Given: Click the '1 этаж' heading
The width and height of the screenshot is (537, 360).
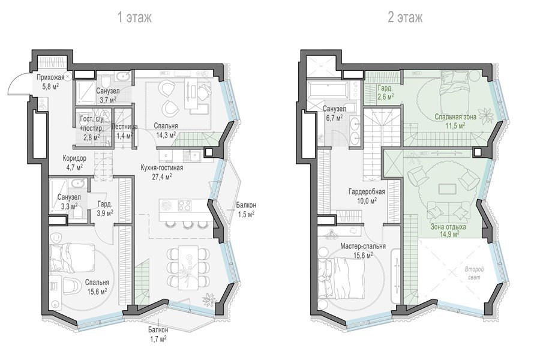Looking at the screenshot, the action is click(134, 17).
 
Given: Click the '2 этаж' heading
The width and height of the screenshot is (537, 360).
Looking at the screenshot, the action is click(405, 17).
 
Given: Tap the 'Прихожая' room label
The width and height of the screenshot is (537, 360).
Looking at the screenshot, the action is click(50, 77).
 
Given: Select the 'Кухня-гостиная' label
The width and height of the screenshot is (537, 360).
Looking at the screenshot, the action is click(161, 168).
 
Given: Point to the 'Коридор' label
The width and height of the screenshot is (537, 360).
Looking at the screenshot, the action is click(74, 158).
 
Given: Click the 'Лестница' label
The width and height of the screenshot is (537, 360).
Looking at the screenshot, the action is click(125, 127).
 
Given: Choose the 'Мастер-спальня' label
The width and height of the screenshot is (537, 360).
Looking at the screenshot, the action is click(363, 246).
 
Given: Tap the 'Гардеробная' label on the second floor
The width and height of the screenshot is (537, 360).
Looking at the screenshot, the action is click(367, 191).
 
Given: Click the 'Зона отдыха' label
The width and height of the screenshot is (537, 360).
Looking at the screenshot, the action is click(448, 227).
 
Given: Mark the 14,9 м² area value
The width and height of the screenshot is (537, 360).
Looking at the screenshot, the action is click(449, 234).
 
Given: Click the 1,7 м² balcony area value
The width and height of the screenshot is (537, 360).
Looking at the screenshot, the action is click(158, 339).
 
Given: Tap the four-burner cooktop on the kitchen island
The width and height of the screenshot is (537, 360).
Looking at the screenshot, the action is click(185, 205).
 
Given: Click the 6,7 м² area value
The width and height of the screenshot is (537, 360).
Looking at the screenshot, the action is click(335, 118).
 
